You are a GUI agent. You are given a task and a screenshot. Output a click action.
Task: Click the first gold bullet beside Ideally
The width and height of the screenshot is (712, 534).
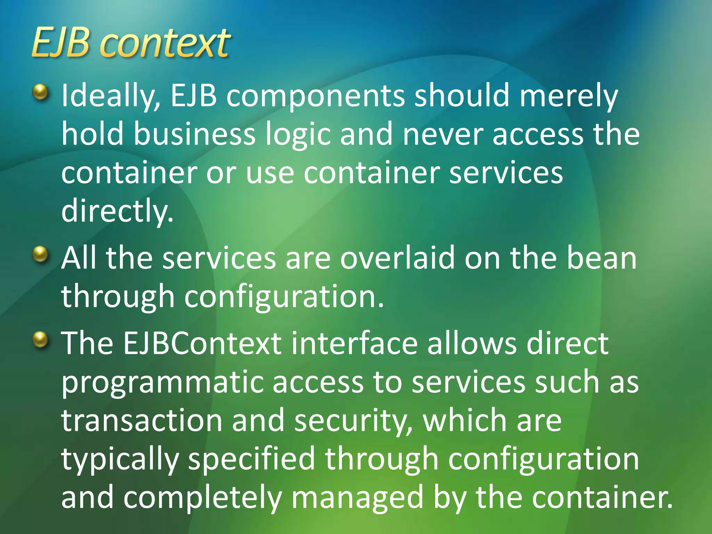click(x=41, y=92)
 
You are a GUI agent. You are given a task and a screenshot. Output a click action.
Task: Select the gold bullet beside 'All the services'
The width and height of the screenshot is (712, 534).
click(x=41, y=255)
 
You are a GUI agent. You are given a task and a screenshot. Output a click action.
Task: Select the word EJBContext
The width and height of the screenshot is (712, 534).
click(x=202, y=343)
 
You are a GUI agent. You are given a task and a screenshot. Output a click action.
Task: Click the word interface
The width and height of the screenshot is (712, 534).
click(x=354, y=343)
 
